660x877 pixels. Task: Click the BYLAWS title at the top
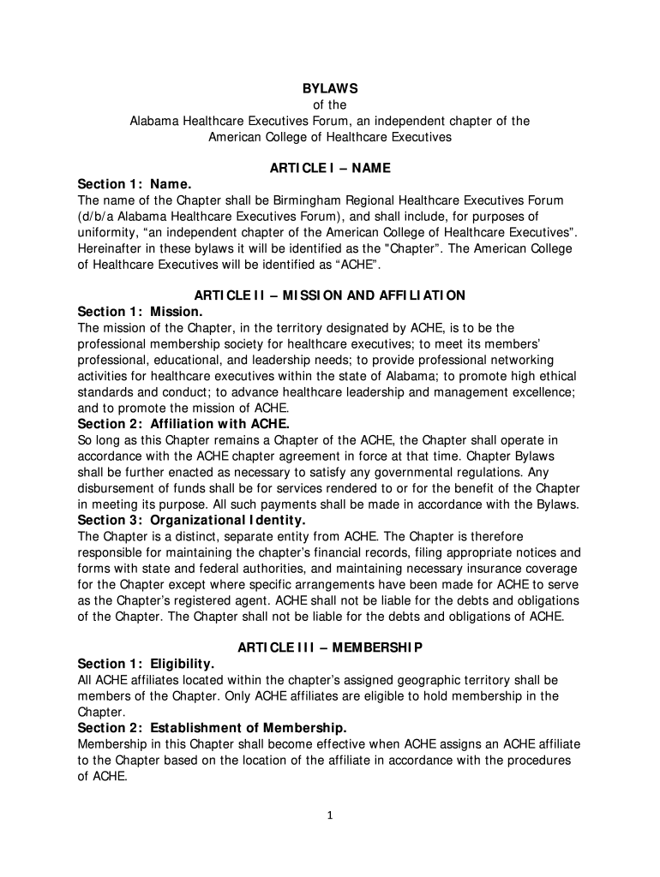[330, 88]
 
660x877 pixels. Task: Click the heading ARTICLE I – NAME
[330, 168]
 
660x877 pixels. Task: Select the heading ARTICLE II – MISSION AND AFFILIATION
[330, 295]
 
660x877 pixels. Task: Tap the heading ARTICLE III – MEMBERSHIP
[330, 647]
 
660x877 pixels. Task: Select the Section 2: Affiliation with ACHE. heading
[183, 424]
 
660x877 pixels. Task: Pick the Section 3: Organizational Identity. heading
[191, 520]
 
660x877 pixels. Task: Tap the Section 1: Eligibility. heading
[146, 664]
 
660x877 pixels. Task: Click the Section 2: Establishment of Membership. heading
[212, 728]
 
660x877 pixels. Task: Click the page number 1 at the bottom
[330, 814]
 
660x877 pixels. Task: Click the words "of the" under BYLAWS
[330, 104]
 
